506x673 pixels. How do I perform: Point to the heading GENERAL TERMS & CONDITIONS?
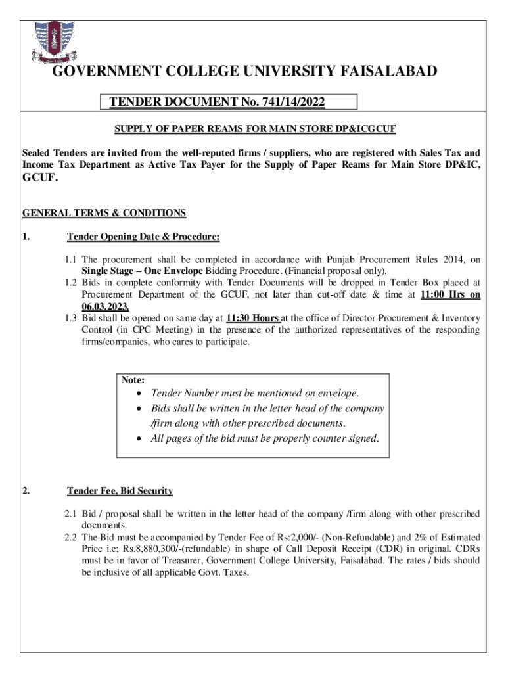click(x=104, y=213)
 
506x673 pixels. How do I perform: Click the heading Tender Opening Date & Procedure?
click(x=143, y=237)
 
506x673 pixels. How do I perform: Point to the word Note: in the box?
click(x=133, y=380)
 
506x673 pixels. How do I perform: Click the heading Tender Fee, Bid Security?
click(x=120, y=491)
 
